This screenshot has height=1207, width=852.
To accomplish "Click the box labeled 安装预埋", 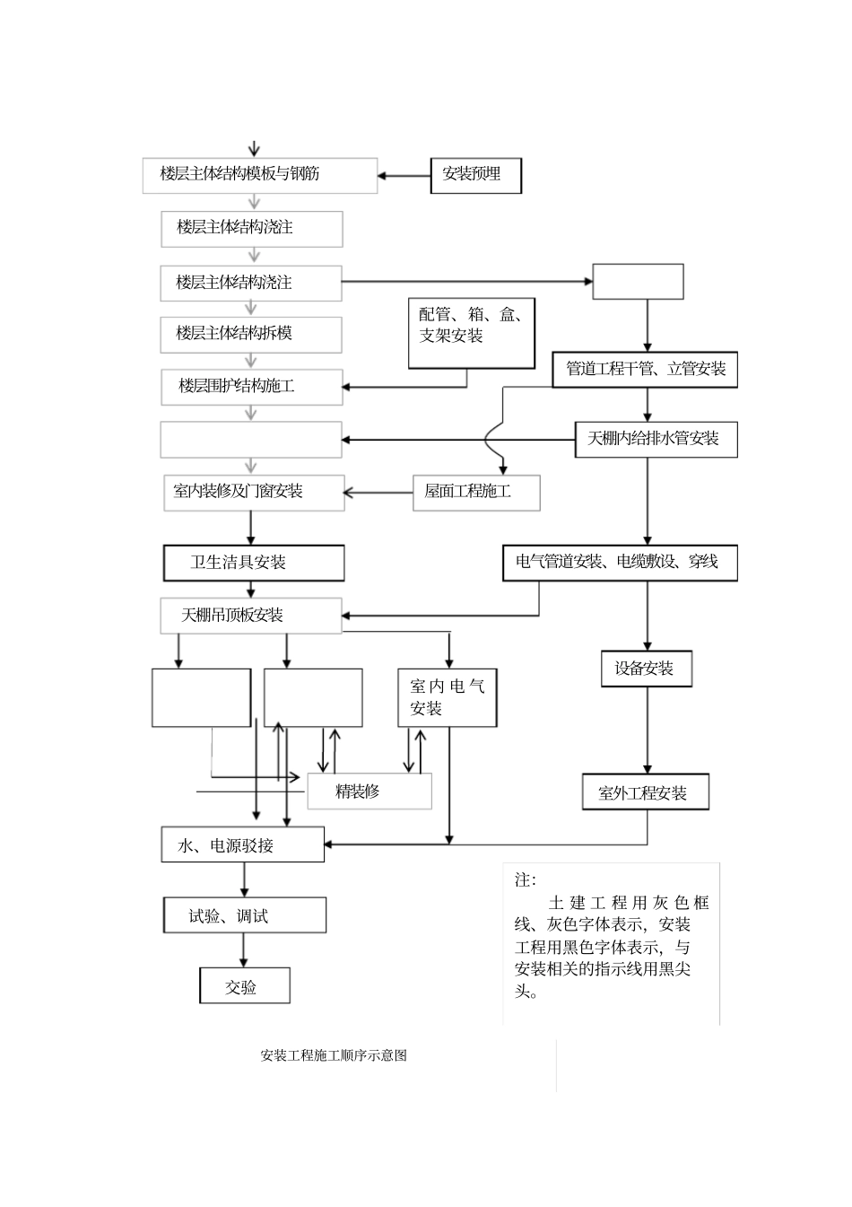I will pyautogui.click(x=476, y=175).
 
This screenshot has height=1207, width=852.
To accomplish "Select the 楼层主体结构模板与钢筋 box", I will pyautogui.click(x=259, y=175).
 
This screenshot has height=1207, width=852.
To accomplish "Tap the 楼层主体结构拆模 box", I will pyautogui.click(x=251, y=334).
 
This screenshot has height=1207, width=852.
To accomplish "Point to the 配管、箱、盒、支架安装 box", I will pyautogui.click(x=472, y=333).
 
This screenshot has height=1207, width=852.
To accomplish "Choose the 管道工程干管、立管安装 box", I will pyautogui.click(x=645, y=369).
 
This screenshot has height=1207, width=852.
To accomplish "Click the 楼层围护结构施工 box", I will pyautogui.click(x=251, y=387).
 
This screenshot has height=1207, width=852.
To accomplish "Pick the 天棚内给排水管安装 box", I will pyautogui.click(x=656, y=439).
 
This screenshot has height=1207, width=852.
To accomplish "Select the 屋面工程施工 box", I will pyautogui.click(x=476, y=493).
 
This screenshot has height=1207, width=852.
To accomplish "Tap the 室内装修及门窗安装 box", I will pyautogui.click(x=254, y=493).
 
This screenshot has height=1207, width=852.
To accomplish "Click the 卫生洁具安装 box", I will pyautogui.click(x=254, y=563).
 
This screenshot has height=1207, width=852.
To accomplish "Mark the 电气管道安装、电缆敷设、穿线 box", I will pyautogui.click(x=620, y=563).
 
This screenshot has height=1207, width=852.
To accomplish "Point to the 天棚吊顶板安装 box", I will pyautogui.click(x=251, y=616).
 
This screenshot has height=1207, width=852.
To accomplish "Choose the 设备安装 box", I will pyautogui.click(x=647, y=669).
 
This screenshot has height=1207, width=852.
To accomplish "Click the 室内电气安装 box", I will pyautogui.click(x=448, y=697).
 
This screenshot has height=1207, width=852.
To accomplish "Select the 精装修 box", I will pyautogui.click(x=369, y=791).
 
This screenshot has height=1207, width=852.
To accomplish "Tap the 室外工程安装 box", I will pyautogui.click(x=646, y=792).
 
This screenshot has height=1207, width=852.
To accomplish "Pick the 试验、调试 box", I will pyautogui.click(x=245, y=915).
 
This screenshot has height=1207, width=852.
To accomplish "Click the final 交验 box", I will pyautogui.click(x=245, y=986).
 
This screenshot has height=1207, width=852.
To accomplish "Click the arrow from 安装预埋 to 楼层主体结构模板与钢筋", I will pyautogui.click(x=404, y=176).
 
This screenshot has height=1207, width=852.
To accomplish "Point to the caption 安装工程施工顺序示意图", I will pyautogui.click(x=334, y=1055).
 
